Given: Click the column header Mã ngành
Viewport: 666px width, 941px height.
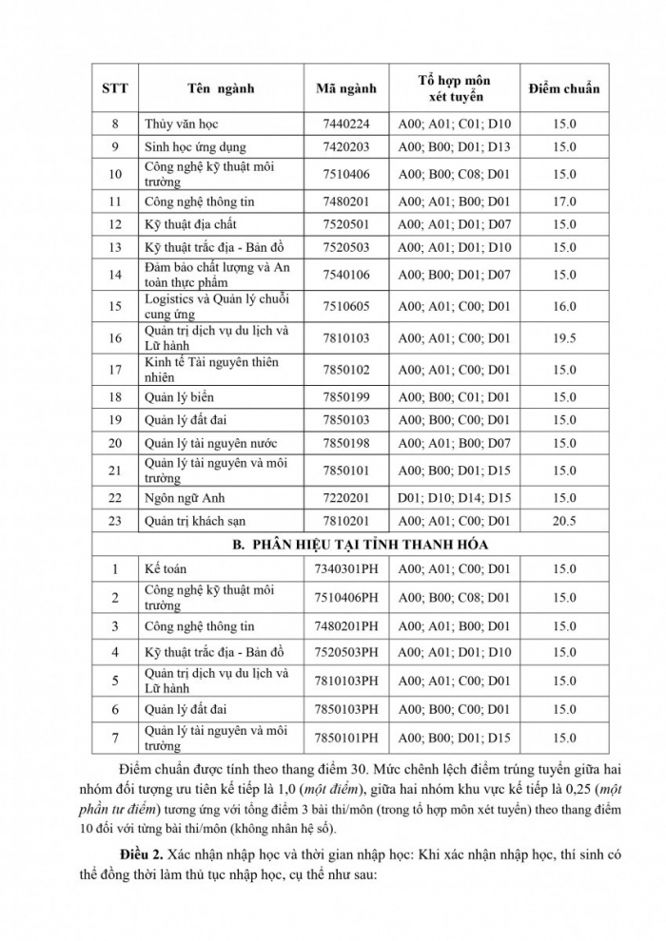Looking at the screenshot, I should tap(345, 88).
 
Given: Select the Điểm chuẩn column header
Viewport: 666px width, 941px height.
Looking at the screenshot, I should tap(564, 88).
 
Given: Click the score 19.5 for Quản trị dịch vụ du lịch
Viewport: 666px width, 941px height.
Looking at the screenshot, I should tap(564, 338).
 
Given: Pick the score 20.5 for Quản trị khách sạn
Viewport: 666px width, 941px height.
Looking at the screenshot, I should tap(564, 521).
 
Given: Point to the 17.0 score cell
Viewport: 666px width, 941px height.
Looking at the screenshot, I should tap(564, 202).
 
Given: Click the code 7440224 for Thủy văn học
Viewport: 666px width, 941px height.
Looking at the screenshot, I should tap(345, 124).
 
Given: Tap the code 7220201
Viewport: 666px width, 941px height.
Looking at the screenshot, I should tap(345, 498).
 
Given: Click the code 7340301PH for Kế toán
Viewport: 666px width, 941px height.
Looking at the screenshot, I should tap(345, 569).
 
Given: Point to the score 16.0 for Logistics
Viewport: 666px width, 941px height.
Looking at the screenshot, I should tap(564, 306).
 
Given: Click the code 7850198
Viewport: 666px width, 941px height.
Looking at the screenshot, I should tap(345, 443).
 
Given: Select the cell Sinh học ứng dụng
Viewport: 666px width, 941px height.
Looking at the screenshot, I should tap(195, 147).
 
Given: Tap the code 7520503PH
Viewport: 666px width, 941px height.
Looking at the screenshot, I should tap(345, 652).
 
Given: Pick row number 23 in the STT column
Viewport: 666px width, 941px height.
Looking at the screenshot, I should tap(115, 521).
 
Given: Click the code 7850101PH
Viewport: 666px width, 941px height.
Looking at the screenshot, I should tap(345, 738).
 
